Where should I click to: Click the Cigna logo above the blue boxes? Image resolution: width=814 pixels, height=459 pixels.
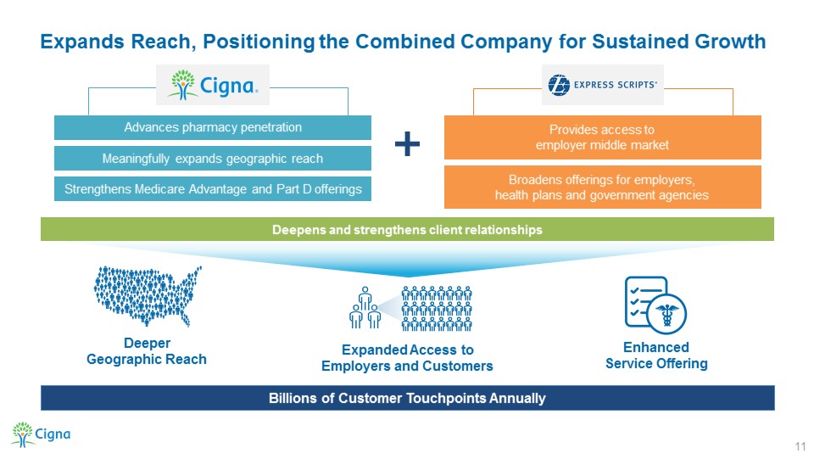[218, 85]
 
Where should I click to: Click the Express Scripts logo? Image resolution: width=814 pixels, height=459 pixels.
[603, 85]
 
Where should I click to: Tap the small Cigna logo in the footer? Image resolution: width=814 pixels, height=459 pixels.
[40, 434]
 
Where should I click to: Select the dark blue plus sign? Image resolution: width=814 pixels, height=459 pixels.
[408, 146]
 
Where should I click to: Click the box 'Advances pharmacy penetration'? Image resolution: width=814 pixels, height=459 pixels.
[213, 128]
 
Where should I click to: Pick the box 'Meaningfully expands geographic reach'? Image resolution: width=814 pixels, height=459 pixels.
[213, 159]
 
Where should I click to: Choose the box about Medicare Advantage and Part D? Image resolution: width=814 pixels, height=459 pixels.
[213, 189]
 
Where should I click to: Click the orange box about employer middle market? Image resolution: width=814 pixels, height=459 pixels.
[603, 137]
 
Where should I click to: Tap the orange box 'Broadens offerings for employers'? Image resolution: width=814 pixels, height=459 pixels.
[603, 188]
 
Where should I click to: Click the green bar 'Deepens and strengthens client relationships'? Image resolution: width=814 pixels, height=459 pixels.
[407, 229]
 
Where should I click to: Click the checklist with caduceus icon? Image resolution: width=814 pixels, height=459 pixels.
[655, 305]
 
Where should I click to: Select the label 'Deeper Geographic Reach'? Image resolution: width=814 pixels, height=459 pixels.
[147, 351]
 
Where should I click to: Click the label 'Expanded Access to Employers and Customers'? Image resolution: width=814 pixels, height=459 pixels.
[407, 358]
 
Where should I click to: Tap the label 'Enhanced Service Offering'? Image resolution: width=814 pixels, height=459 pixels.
[655, 355]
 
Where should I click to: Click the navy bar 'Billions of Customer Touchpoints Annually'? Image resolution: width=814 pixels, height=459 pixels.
[407, 397]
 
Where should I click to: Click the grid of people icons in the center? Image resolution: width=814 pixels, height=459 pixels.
[436, 308]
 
